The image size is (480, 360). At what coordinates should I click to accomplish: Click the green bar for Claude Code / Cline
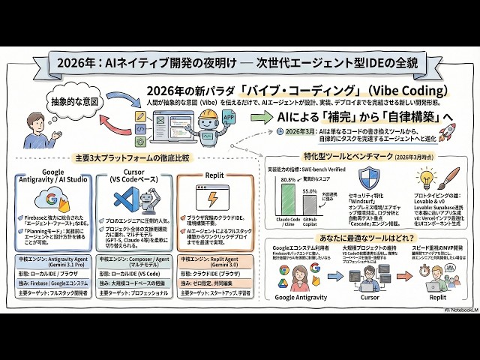coord(287,199)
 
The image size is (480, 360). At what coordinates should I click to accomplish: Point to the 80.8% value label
coord(287,180)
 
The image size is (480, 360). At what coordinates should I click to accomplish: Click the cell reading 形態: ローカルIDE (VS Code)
coord(133,274)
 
